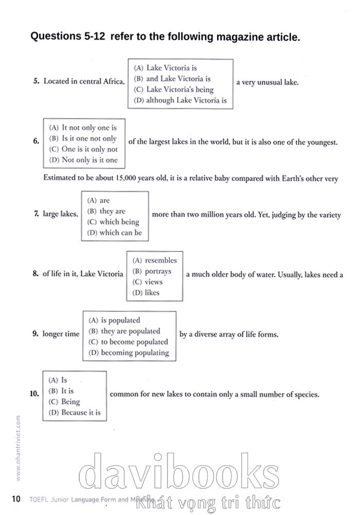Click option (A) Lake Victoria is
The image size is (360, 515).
(x=165, y=68)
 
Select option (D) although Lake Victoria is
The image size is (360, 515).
(x=180, y=100)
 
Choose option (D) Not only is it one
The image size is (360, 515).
(x=83, y=160)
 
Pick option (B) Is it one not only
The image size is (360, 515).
(x=83, y=138)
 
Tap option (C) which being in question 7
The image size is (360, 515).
(x=113, y=222)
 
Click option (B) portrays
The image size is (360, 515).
(x=152, y=271)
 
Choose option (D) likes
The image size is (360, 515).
(x=146, y=293)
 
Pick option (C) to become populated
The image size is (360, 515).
(x=128, y=342)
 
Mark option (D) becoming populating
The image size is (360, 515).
(x=129, y=353)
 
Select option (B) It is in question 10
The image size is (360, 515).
(x=61, y=391)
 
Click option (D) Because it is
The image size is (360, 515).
(x=75, y=413)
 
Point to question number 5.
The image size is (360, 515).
(x=36, y=81)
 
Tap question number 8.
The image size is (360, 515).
(x=35, y=274)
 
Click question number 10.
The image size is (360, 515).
(x=35, y=394)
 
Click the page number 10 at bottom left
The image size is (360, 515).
(x=15, y=499)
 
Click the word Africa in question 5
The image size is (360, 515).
(x=113, y=81)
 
